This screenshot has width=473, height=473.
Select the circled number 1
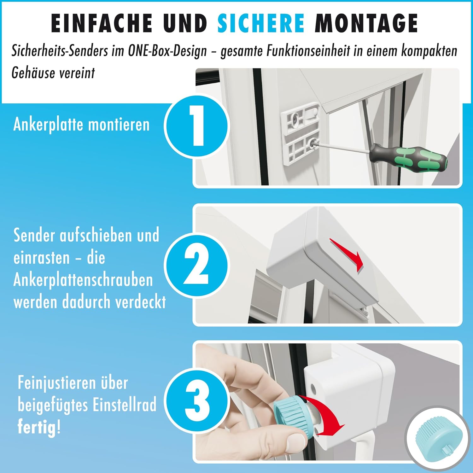(x=197, y=126)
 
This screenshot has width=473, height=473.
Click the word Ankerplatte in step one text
(x=48, y=125)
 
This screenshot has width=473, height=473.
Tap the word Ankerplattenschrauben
(x=83, y=280)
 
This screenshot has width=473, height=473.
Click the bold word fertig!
(x=39, y=427)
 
